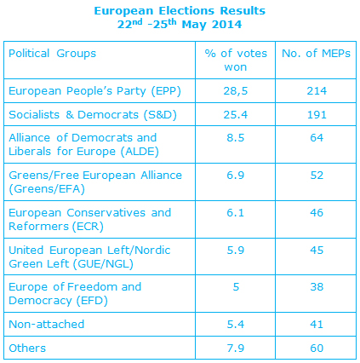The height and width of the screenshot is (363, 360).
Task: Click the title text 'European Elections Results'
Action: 180,11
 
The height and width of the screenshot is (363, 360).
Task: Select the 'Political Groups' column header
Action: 53,54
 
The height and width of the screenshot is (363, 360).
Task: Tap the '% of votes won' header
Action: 236,60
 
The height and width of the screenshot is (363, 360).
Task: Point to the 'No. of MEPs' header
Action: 316,53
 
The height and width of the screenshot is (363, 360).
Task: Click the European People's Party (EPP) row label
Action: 94,91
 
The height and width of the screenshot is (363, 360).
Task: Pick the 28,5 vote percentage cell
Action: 236,91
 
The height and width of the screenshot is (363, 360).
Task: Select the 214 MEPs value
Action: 317,91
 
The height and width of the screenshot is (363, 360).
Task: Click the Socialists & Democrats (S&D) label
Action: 93,115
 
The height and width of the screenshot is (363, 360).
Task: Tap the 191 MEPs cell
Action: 317,115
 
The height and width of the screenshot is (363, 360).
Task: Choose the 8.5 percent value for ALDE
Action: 236,138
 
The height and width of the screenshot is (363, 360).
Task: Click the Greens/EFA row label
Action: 95,182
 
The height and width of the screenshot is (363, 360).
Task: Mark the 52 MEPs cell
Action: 317,176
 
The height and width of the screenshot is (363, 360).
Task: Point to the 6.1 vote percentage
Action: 236,213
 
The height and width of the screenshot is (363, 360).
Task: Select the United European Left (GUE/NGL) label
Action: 89,257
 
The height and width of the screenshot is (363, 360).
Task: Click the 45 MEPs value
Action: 317,251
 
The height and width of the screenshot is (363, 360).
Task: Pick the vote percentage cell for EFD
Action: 236,287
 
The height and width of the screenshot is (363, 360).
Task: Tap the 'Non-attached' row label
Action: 47,324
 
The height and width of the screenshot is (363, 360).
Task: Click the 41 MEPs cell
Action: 317,325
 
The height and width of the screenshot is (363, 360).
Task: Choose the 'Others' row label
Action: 27,349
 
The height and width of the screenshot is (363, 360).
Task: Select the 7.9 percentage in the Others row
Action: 236,349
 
